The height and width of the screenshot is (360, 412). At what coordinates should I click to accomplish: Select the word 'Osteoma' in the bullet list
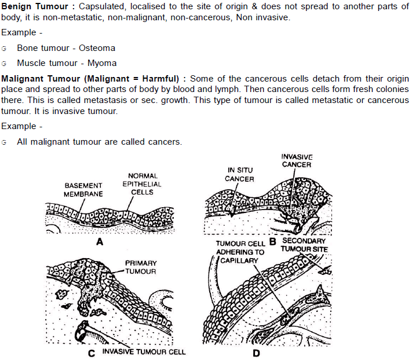coord(97,48)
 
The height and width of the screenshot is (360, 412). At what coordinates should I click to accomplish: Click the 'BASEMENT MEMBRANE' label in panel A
coord(83,190)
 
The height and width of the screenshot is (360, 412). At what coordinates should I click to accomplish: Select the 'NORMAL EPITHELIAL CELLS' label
coord(143,183)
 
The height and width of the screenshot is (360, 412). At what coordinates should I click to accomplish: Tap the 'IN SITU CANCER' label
coord(239,175)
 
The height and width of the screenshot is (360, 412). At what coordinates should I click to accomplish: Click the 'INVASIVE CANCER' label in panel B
coord(297,161)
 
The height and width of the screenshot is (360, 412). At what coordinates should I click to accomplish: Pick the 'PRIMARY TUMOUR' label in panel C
coord(141,267)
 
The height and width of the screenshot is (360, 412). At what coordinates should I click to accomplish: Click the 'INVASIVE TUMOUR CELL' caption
coord(144,352)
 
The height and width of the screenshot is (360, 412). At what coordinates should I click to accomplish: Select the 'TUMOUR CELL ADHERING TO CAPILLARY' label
coord(240,252)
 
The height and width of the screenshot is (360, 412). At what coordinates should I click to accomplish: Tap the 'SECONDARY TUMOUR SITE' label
coord(304,245)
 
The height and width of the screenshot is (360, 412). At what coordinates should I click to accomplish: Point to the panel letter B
coord(272,242)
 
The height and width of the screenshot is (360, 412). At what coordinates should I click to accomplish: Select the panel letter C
coord(92,352)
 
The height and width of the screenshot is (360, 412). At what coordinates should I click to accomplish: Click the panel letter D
coord(257,353)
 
